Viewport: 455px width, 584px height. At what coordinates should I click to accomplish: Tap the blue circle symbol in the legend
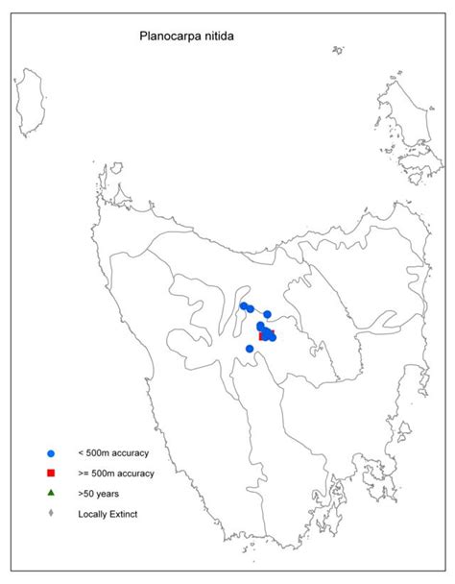50,452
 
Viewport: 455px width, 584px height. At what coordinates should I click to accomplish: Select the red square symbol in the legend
50,473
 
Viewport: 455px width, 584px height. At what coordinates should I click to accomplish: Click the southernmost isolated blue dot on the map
250,349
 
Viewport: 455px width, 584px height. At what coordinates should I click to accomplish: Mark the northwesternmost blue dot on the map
244,306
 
